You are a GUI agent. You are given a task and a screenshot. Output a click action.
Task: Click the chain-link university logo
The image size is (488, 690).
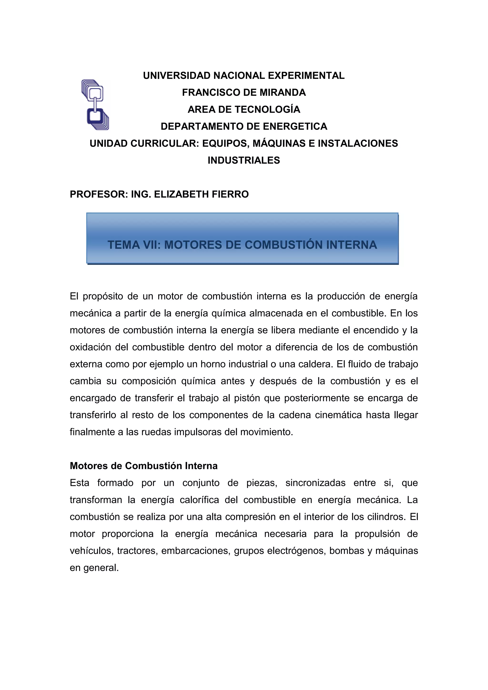point(95,105)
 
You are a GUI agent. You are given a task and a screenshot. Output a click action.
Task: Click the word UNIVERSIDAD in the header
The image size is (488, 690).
point(177,76)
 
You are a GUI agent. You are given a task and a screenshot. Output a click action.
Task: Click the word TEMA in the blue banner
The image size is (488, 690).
point(123,245)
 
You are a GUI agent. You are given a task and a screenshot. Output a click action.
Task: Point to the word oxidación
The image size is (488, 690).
point(91,347)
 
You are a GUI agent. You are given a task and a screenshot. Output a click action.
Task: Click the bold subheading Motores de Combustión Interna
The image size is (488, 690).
point(144,466)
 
